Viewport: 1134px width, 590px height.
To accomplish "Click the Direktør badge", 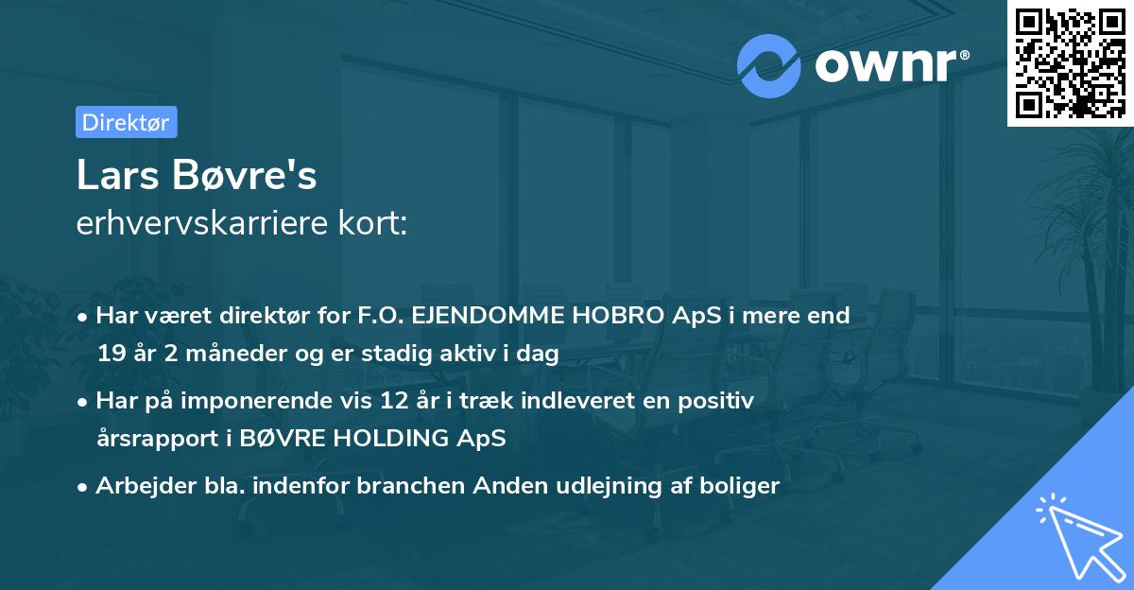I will [x=126, y=122].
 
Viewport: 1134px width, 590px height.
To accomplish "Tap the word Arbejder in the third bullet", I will [x=134, y=486].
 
